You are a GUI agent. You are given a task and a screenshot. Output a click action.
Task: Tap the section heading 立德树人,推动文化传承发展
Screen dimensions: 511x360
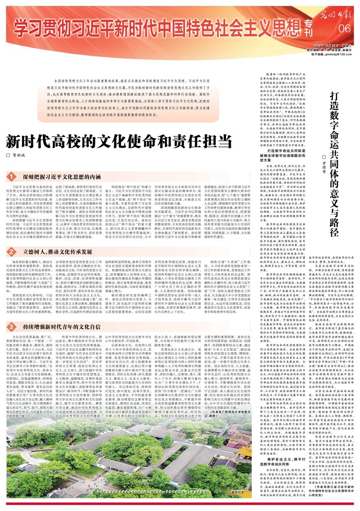[x=50, y=251]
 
